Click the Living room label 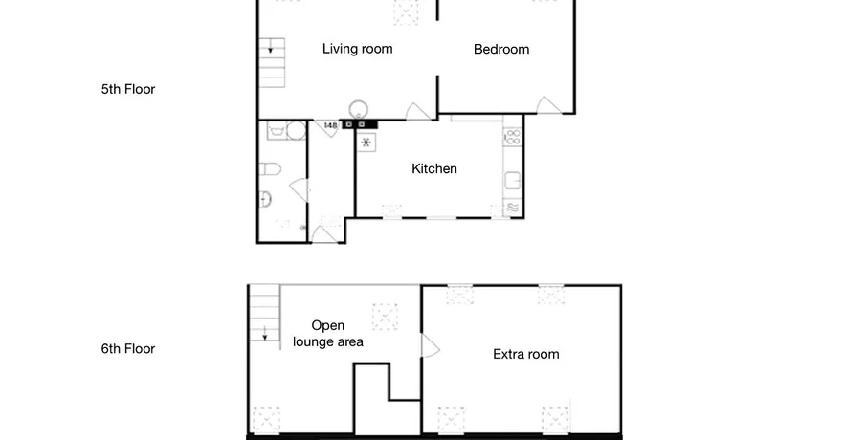coord(357,49)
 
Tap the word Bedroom coord(501,49)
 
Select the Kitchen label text coord(434,168)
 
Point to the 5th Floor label coord(128,90)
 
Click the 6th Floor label coord(128,349)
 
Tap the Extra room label coord(525,355)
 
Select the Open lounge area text coord(328,334)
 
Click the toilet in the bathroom coord(270,169)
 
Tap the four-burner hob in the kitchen coord(513,137)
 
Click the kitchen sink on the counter coord(513,181)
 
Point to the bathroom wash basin coord(265,199)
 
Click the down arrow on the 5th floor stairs coord(271,48)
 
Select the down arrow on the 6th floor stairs coord(265,333)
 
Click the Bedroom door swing coord(549,106)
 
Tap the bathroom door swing coord(300,189)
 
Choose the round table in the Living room coord(359,109)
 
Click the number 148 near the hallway coord(330,126)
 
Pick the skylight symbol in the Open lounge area coord(385,317)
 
